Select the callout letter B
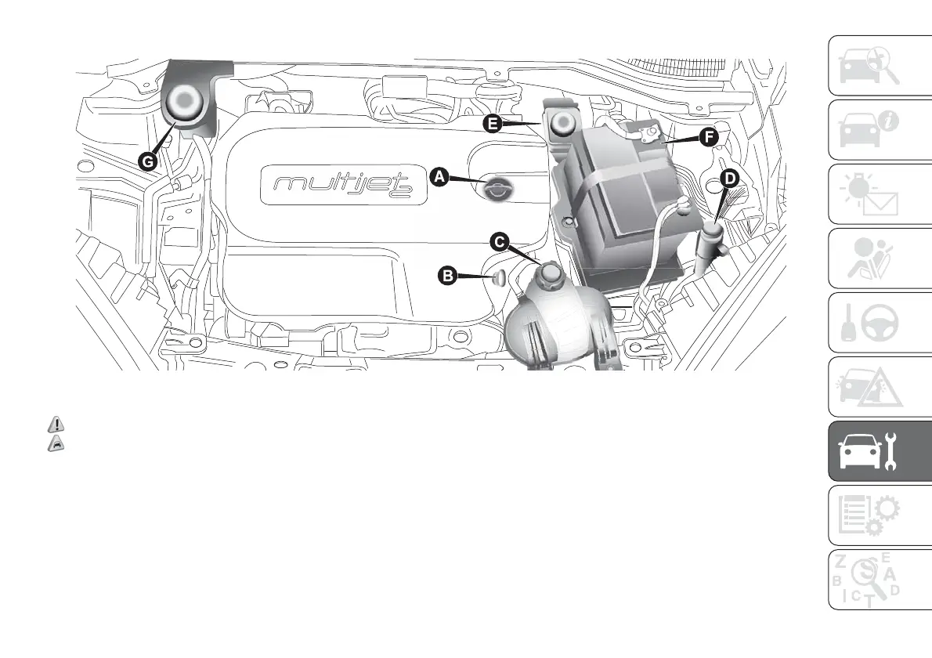tap(448, 275)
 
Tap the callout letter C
tap(499, 243)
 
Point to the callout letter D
tap(728, 179)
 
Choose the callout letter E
tap(492, 124)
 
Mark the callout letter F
tap(707, 138)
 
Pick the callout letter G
tap(146, 161)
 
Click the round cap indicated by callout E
tap(562, 124)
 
